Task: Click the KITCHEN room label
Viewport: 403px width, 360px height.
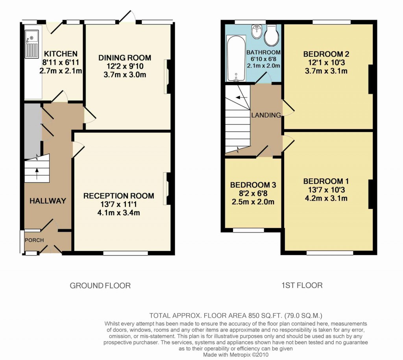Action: (x=60, y=54)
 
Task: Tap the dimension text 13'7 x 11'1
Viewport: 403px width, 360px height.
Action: (x=118, y=204)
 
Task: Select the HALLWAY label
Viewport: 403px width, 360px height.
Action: (x=48, y=201)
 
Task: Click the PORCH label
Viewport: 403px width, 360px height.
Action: (x=34, y=240)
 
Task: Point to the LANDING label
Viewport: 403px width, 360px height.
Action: (x=266, y=115)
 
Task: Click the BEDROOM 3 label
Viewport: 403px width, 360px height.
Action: (x=253, y=185)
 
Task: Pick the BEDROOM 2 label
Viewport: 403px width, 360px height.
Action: (x=326, y=54)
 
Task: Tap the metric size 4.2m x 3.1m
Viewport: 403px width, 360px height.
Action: (x=326, y=198)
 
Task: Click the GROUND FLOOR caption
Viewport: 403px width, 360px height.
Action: (x=100, y=285)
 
